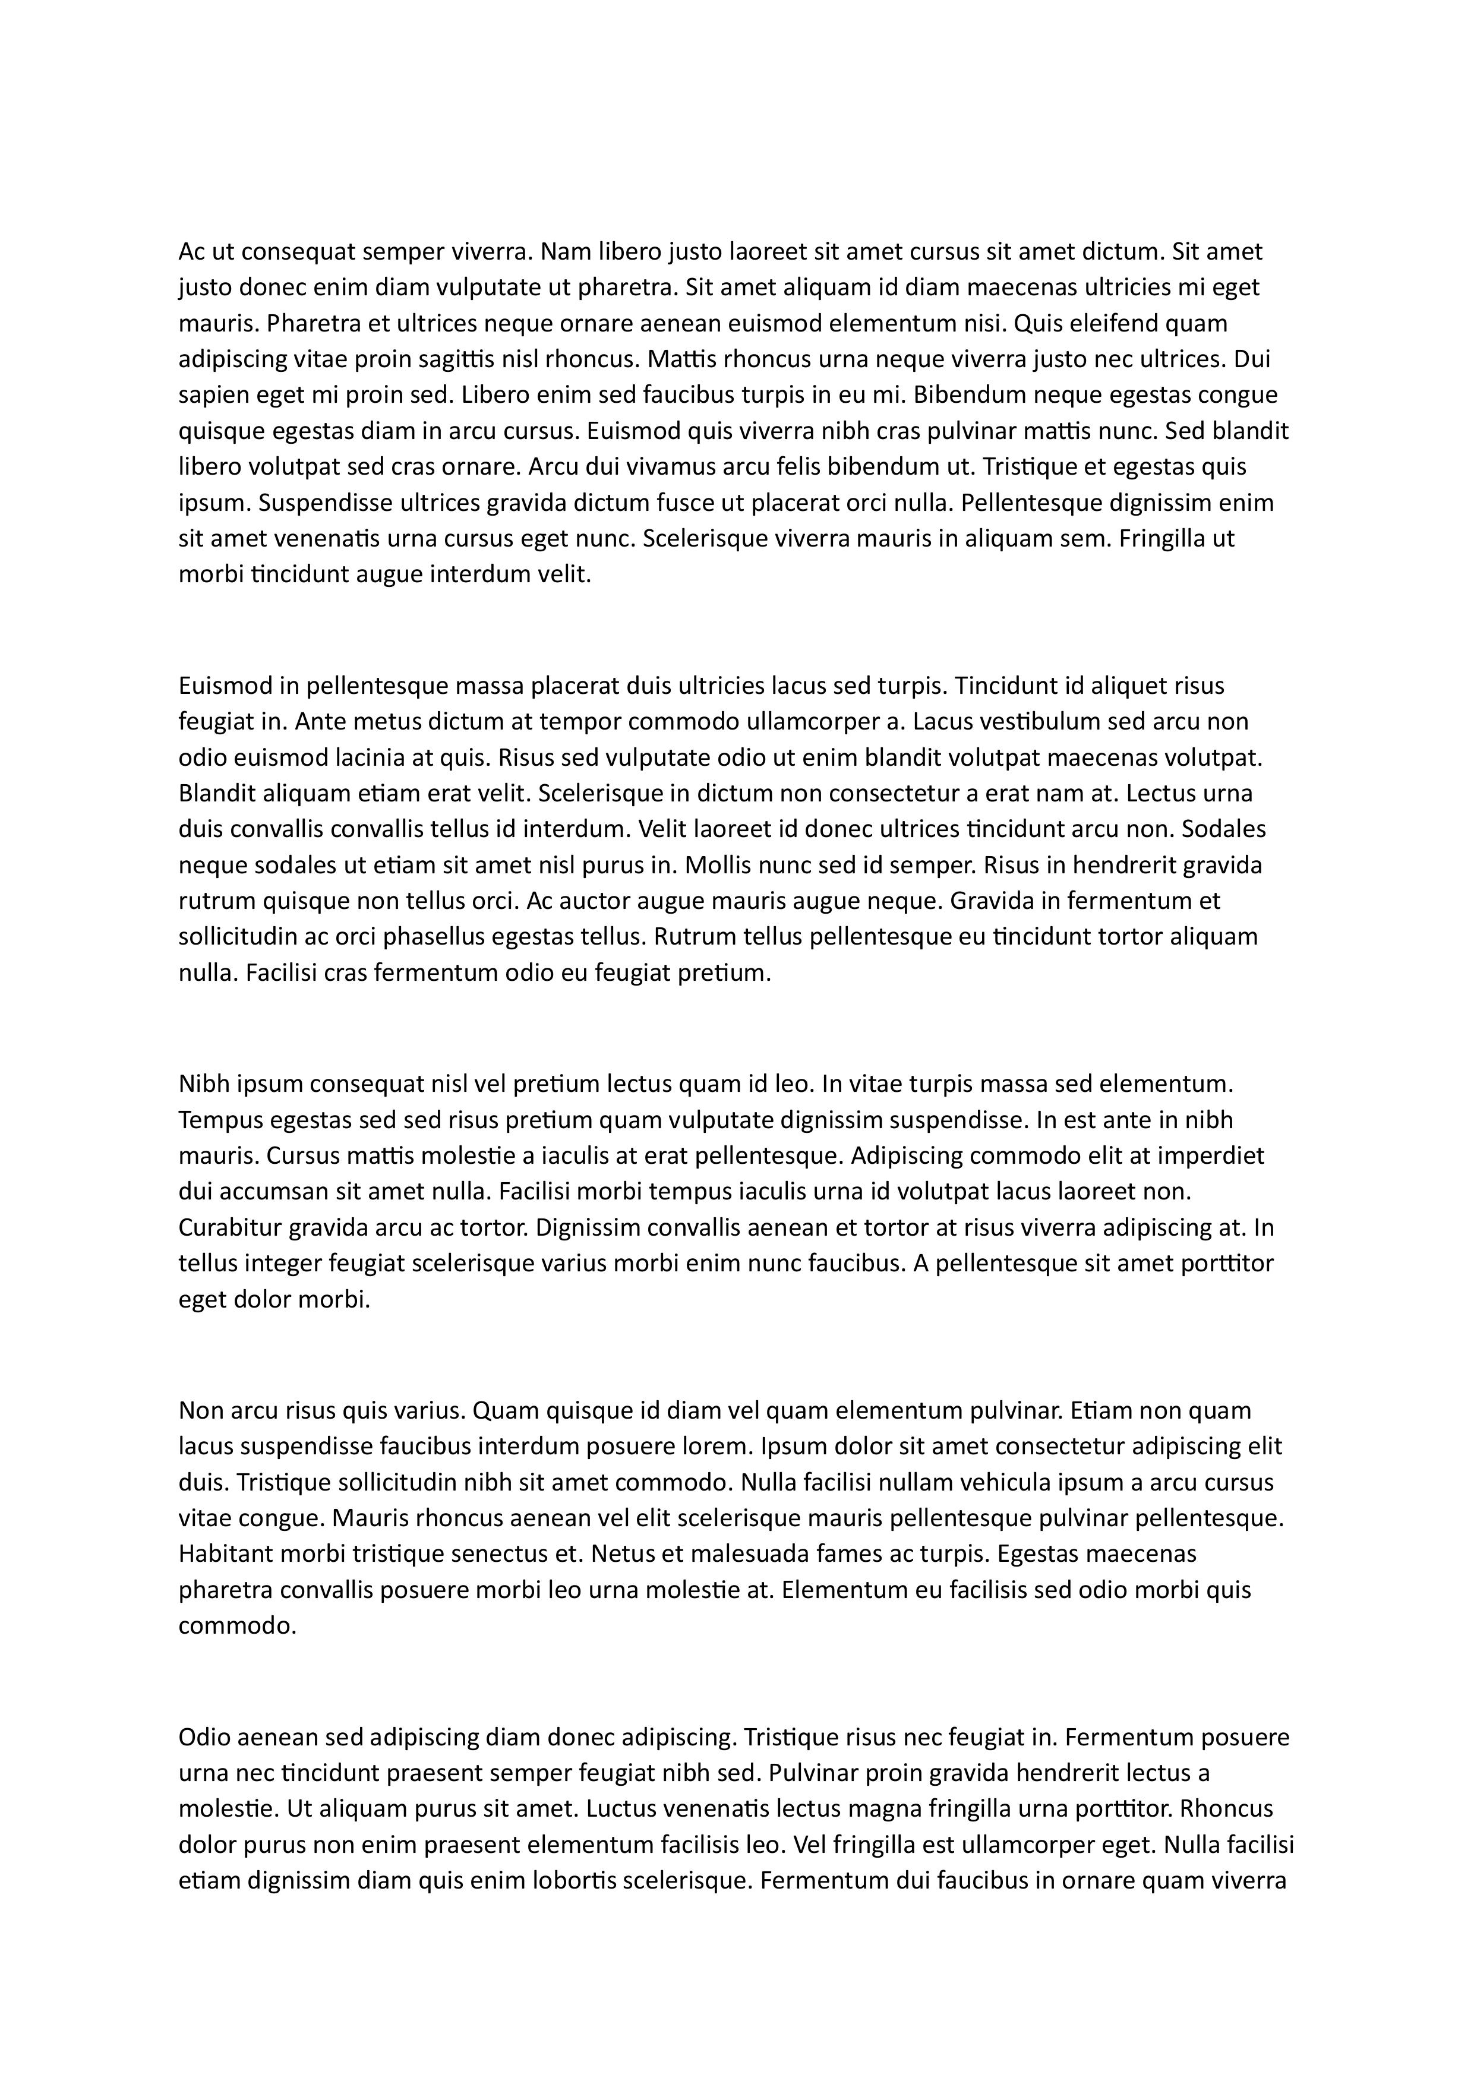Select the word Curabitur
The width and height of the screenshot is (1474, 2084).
pos(230,1227)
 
